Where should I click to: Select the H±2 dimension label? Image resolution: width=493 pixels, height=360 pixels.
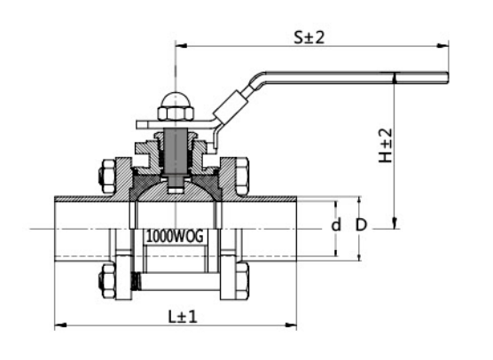click(386, 142)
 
